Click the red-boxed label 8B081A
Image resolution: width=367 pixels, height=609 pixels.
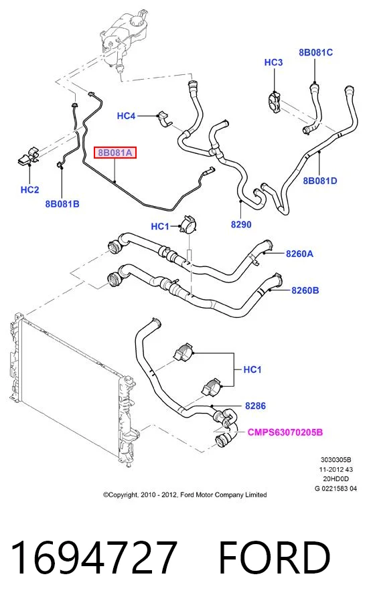click(115, 153)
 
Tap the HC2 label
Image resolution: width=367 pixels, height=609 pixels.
click(29, 189)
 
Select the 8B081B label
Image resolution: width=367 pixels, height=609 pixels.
click(62, 203)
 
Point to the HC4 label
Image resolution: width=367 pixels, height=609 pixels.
click(126, 116)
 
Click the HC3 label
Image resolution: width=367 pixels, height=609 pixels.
click(273, 62)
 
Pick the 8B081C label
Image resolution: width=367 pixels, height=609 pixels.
click(315, 52)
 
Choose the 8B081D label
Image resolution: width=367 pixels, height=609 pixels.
click(320, 181)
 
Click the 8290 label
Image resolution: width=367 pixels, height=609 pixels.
click(241, 224)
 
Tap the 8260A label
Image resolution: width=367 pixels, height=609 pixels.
click(299, 254)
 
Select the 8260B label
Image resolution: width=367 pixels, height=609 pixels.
click(305, 290)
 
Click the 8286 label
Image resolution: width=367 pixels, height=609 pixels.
click(255, 406)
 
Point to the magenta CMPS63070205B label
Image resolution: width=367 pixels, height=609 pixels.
click(285, 432)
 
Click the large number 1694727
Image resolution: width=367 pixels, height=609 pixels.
click(94, 557)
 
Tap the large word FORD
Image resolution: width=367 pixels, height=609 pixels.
click(275, 557)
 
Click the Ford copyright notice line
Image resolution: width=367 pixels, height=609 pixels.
click(185, 495)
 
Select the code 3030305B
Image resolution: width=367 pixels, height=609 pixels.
click(336, 460)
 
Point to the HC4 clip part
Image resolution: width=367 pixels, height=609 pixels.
click(165, 119)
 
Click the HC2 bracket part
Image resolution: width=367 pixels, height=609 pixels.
click(29, 156)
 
